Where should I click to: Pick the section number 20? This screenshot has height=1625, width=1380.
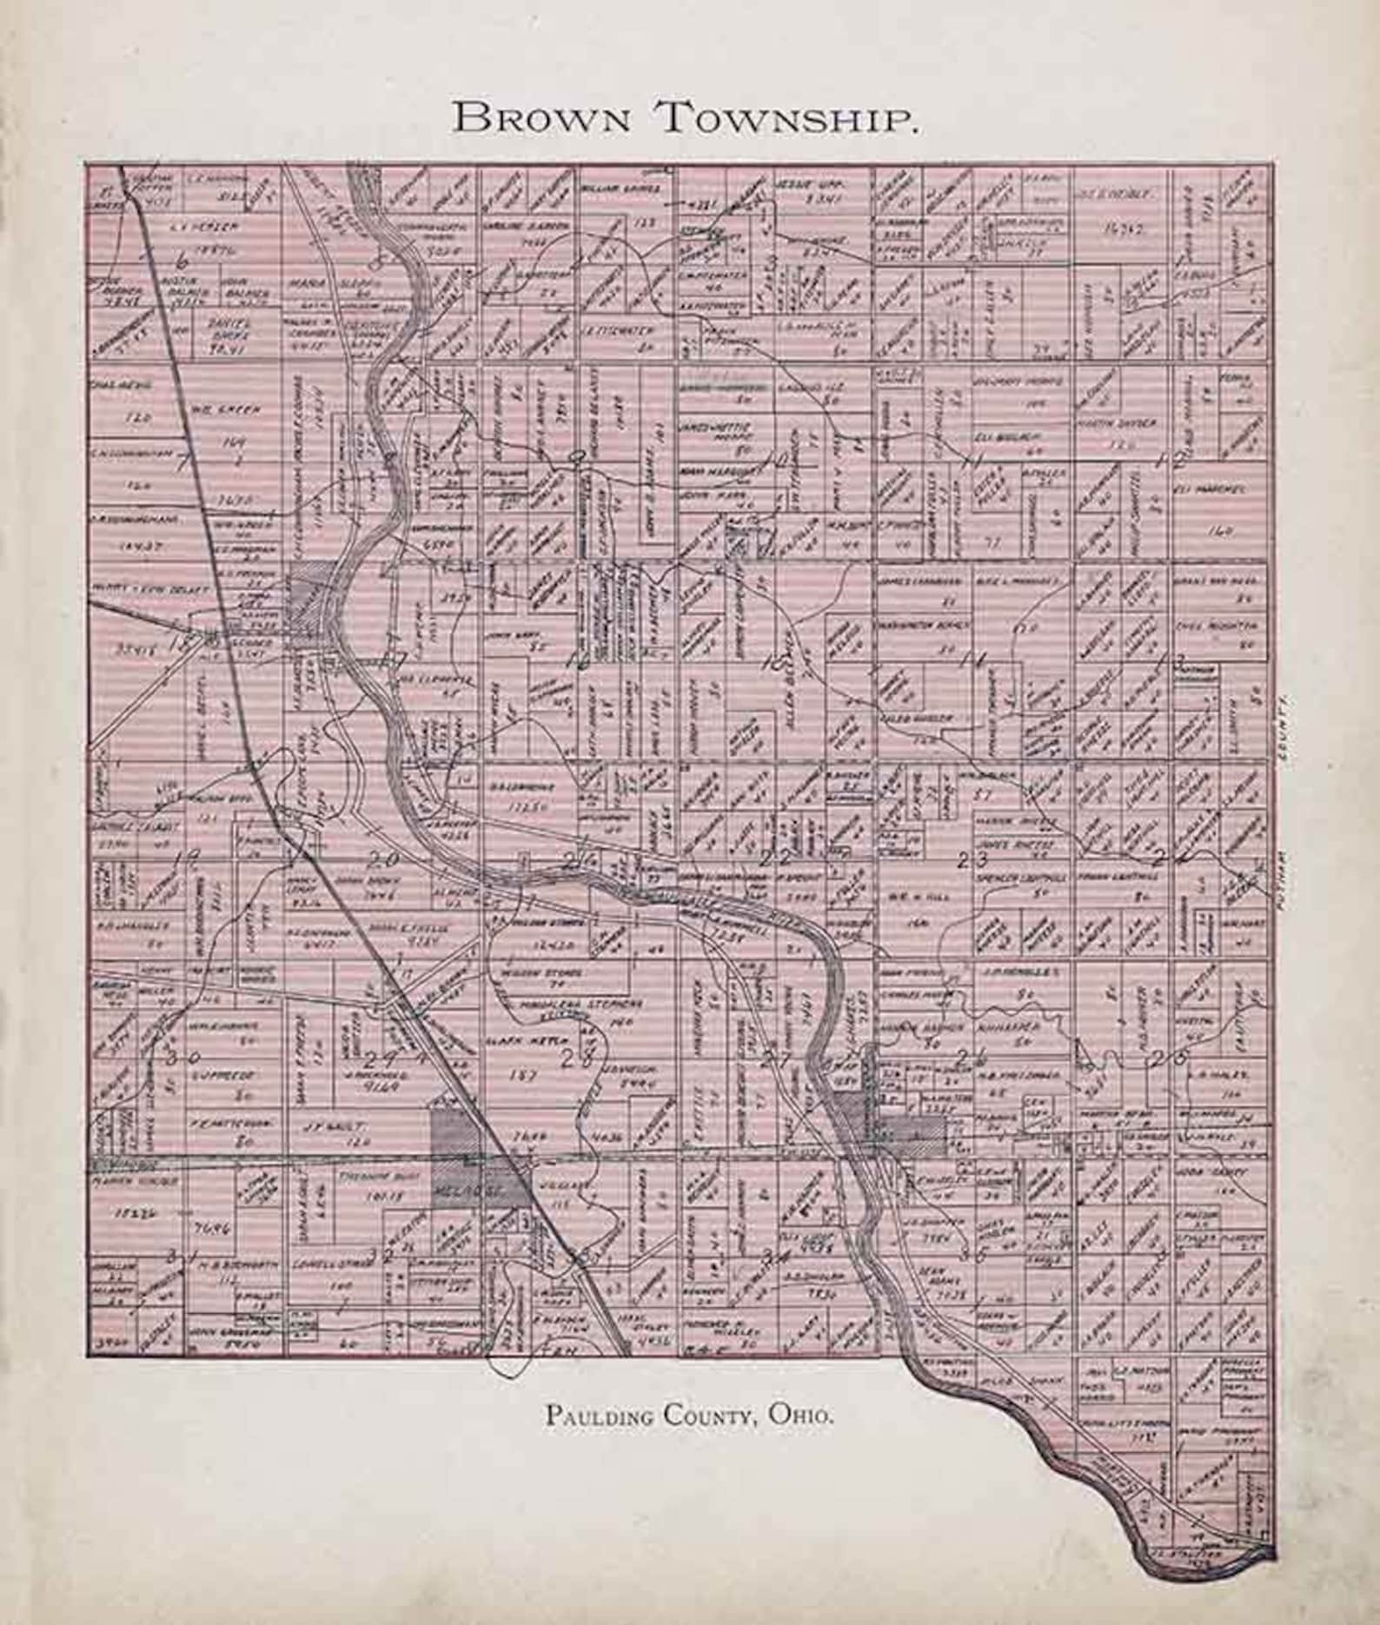[382, 859]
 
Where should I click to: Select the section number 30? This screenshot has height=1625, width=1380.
[184, 1058]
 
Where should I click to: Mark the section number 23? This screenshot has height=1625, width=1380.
[972, 860]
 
